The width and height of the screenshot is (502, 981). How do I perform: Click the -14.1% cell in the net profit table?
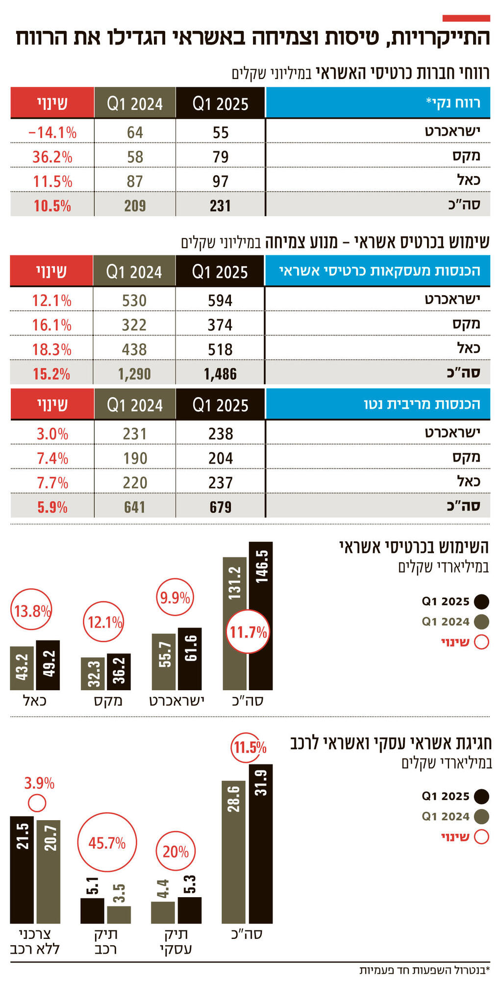pos(52,132)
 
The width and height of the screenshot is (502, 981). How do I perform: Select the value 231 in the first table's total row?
pos(220,205)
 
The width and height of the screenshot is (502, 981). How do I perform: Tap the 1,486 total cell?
pos(220,374)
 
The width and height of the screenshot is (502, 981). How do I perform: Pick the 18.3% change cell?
pos(52,350)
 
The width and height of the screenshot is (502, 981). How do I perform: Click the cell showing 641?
pos(135,507)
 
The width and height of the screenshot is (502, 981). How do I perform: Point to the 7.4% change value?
pos(52,458)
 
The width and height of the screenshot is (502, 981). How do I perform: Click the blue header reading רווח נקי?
pos(377,103)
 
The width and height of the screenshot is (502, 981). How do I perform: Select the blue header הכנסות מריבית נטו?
pos(377,404)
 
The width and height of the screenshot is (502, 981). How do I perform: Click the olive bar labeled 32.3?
pos(93,674)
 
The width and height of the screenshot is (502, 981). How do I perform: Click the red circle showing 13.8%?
pos(32,611)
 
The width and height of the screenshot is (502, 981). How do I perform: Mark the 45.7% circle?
pos(107,843)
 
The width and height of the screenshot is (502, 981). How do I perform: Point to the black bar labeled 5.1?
pos(92,910)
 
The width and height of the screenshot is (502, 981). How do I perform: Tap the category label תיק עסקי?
pos(176,941)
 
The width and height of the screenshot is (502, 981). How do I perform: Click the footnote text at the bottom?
pos(425,971)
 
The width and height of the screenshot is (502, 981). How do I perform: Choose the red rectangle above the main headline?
pos(466,18)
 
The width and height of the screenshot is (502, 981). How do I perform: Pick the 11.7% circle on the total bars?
pos(248,632)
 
